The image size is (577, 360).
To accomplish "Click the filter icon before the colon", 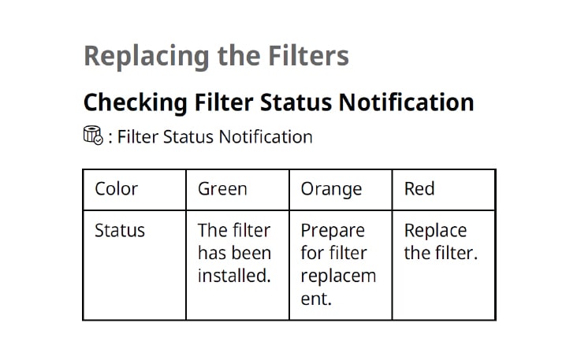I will coord(92,136).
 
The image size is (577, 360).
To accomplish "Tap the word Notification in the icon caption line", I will coord(265,137).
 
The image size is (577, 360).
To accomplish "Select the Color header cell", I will coord(116,189).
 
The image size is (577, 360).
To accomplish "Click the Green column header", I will coord(222,189).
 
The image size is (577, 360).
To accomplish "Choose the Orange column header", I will coord(331,189).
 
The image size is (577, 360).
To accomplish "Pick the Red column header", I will coord(419,189).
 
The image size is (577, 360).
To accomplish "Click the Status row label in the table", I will coord(120,231).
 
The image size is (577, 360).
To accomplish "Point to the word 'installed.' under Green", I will coord(234,276).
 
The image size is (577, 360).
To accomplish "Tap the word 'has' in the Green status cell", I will coord(212,254).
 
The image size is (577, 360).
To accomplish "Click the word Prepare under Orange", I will coord(333,231).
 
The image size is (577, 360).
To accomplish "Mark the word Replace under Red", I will coord(435,231).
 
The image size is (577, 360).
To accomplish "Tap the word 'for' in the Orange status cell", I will coord(311,254).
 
